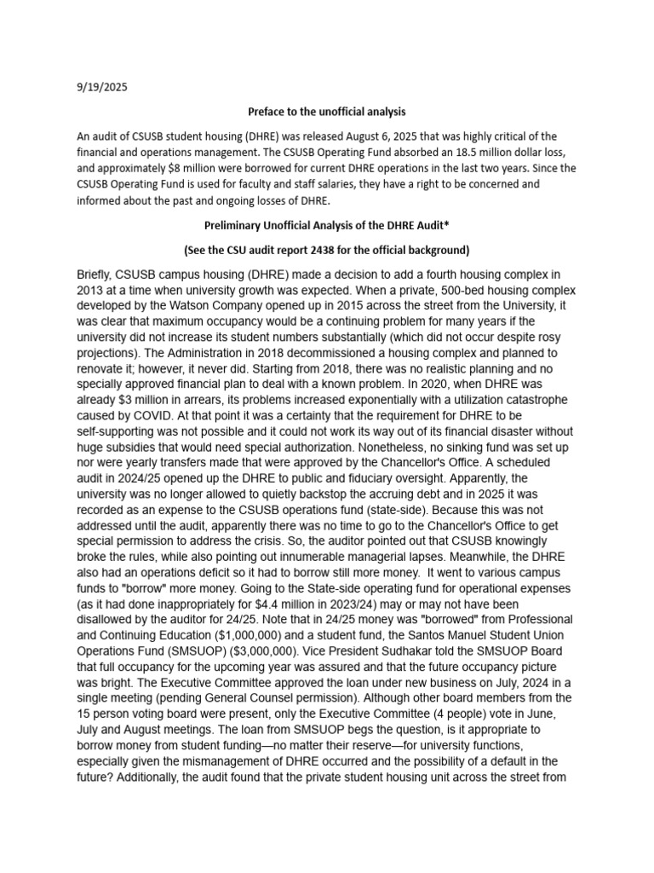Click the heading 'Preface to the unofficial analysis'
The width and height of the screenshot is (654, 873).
pyautogui.click(x=327, y=112)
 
